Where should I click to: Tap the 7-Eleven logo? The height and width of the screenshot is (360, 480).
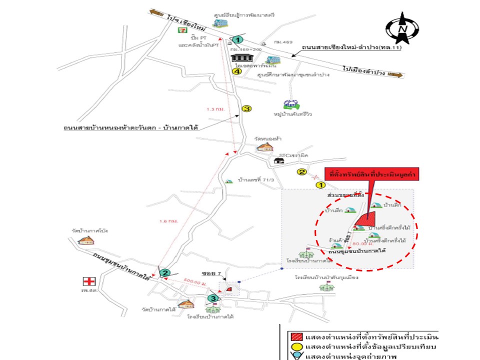pos(184,30)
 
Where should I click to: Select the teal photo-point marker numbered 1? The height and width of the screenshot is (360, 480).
pos(238,39)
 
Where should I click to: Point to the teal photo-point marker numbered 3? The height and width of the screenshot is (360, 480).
pos(213,298)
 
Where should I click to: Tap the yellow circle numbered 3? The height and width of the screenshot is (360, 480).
pos(246,108)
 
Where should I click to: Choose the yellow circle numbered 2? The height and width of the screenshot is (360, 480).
pos(302,172)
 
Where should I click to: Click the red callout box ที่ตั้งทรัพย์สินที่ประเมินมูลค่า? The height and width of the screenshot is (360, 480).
pos(371,175)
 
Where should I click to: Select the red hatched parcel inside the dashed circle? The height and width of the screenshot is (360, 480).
pos(366,217)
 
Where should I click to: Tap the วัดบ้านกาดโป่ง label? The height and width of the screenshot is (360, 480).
pos(90,231)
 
